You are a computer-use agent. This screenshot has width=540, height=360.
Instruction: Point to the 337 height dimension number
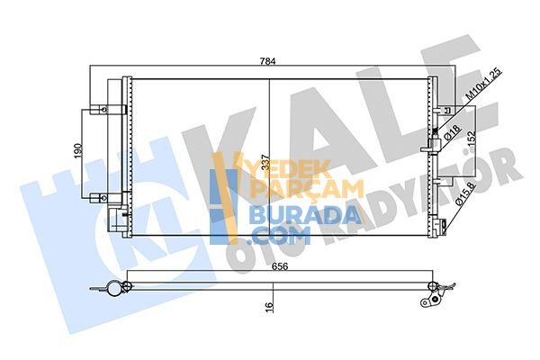(x=265, y=162)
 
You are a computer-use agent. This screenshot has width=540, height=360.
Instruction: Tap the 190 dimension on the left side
(x=78, y=153)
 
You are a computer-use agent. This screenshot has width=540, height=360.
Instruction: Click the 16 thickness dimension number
(x=269, y=306)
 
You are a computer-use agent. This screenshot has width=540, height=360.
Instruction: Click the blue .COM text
(x=281, y=237)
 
